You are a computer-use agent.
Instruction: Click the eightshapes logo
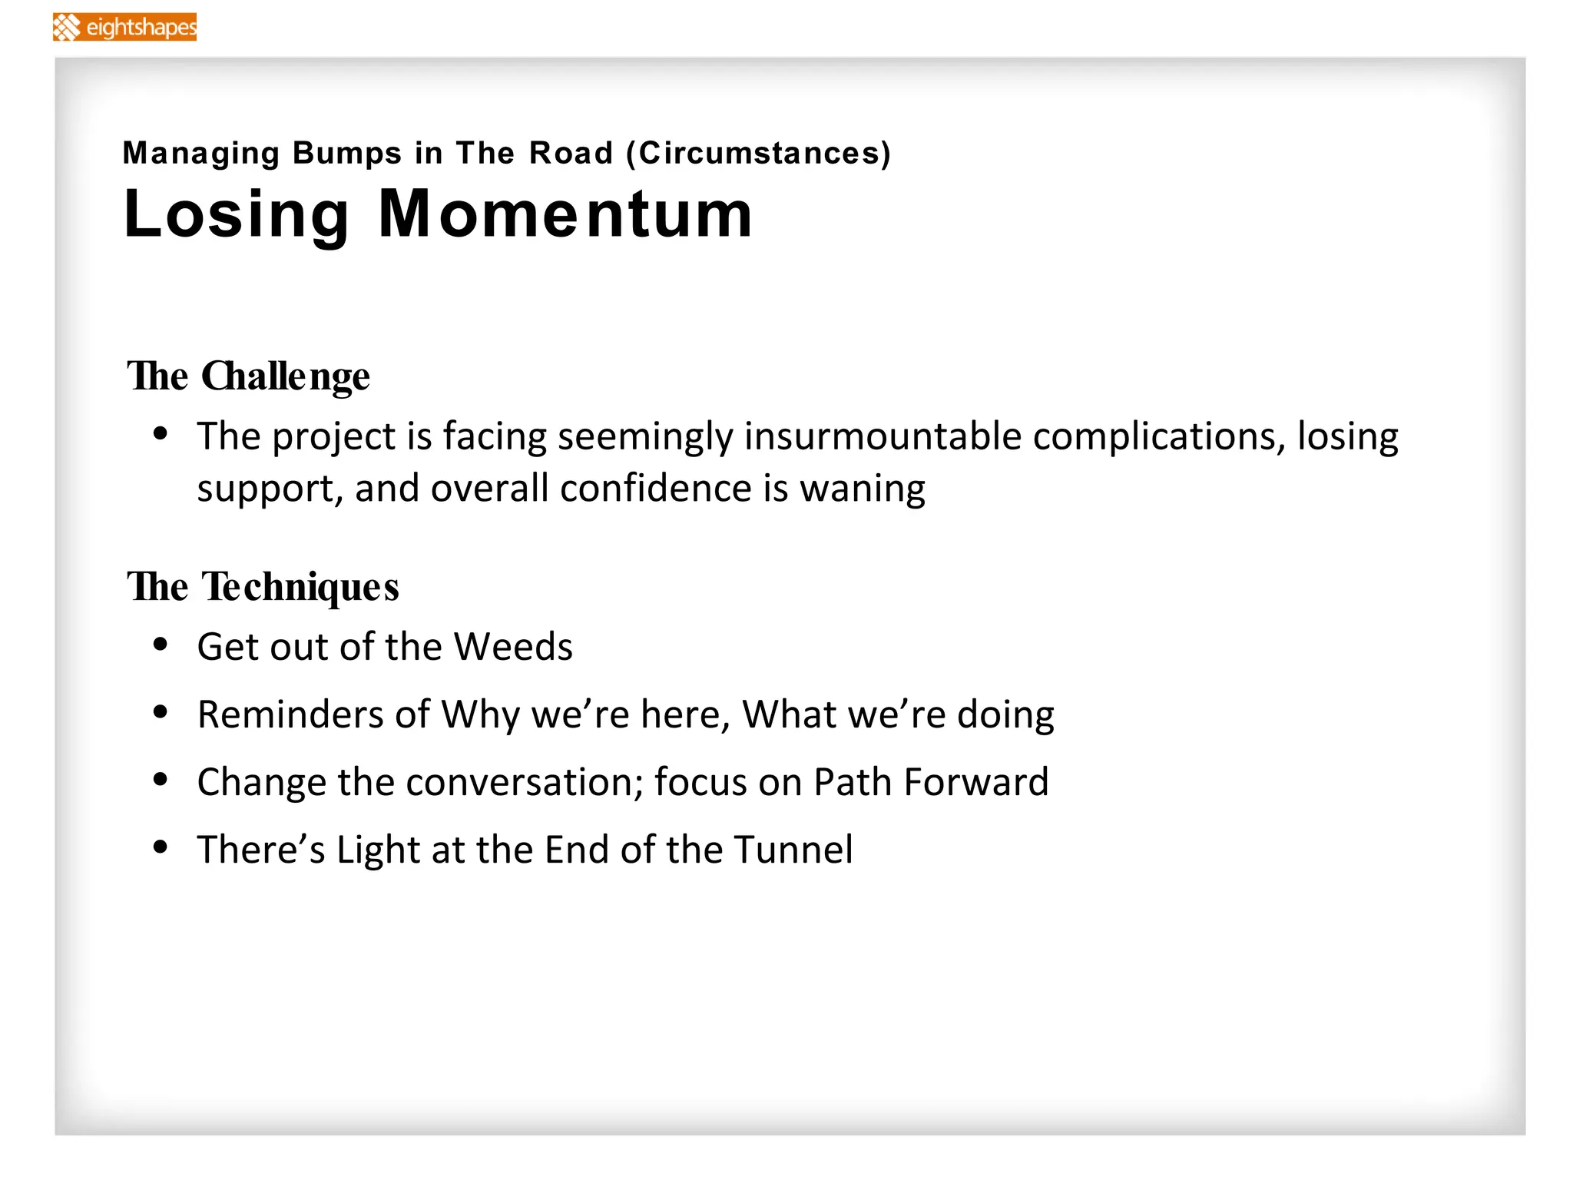[124, 27]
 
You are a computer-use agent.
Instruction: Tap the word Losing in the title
[237, 215]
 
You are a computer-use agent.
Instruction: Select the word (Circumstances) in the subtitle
[759, 153]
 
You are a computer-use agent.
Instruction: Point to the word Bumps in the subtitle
[346, 153]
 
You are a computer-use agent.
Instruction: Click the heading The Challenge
[248, 376]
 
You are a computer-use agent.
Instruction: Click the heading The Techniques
[263, 587]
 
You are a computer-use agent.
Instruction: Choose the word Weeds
[513, 647]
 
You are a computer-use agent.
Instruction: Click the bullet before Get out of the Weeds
[161, 645]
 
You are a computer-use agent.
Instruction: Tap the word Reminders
[290, 714]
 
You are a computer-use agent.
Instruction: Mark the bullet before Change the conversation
[161, 781]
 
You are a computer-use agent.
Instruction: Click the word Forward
[975, 782]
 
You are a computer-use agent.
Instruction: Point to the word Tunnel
[793, 850]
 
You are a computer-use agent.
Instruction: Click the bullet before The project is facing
[161, 435]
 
